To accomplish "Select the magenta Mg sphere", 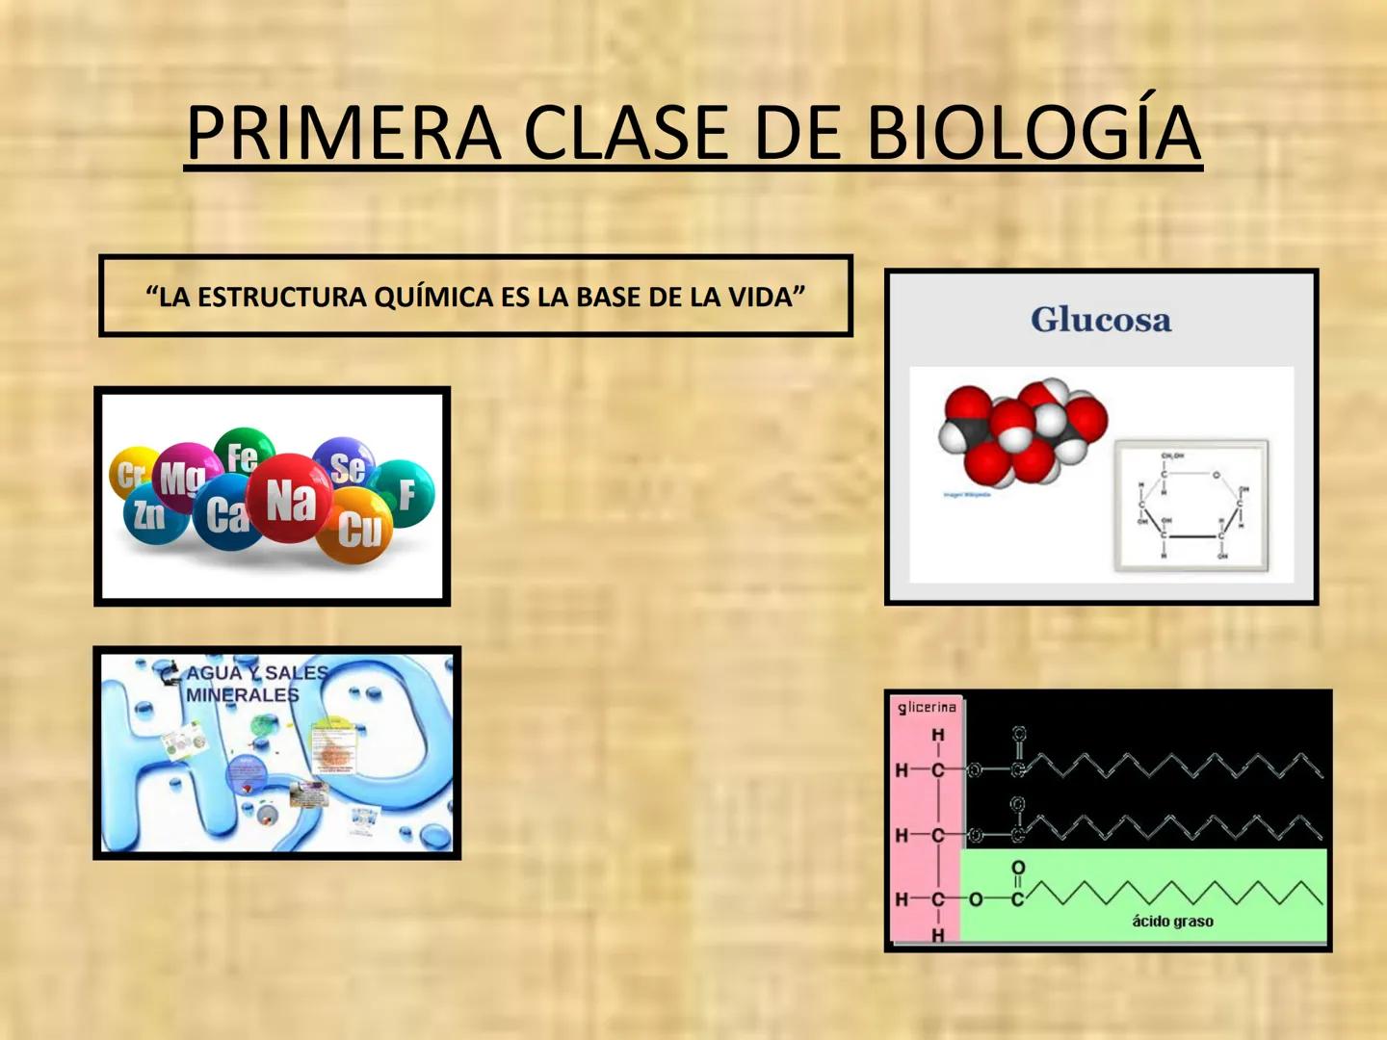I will click(x=183, y=476).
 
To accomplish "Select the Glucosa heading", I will click(x=1101, y=320).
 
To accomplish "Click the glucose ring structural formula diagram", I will click(x=1191, y=506).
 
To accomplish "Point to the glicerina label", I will click(x=927, y=708).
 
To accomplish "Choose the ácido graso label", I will click(x=1172, y=922).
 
